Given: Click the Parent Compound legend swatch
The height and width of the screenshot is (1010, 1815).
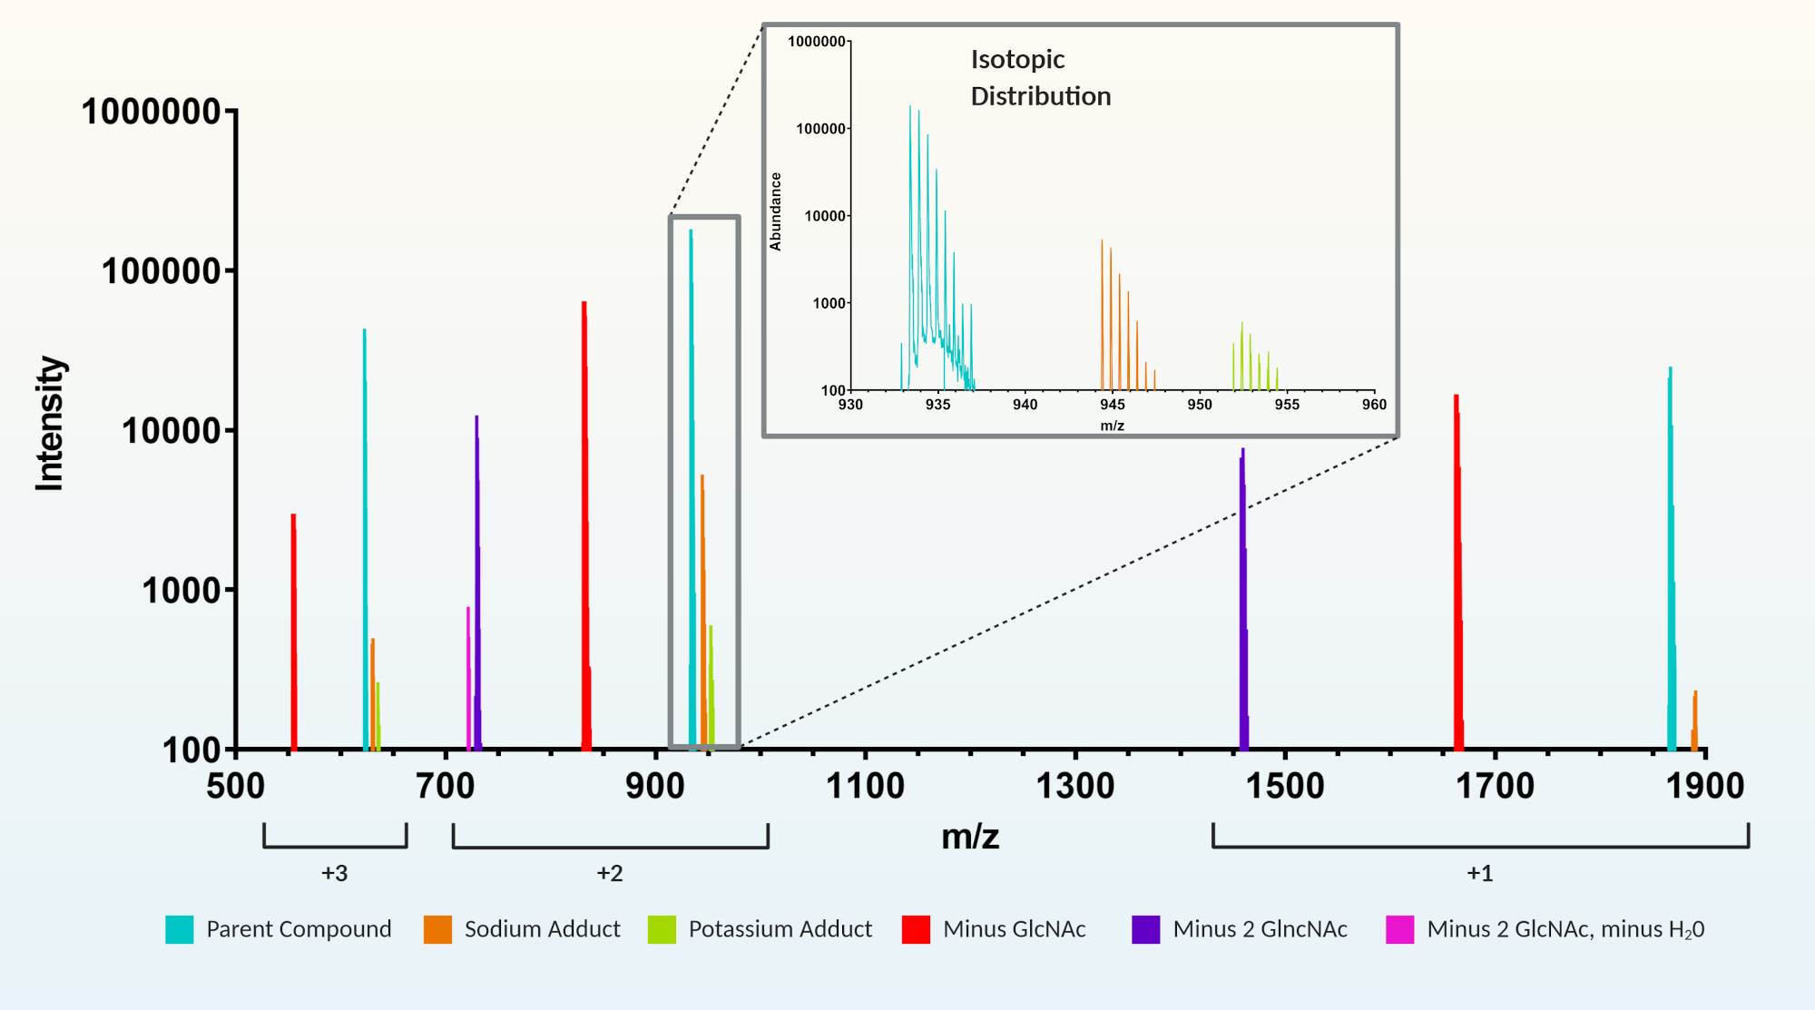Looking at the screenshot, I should pos(180,929).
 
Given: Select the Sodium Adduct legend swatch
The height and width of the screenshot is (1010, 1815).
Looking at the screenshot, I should pos(437,929).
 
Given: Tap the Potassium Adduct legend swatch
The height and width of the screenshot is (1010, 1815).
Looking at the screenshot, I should pos(662,929).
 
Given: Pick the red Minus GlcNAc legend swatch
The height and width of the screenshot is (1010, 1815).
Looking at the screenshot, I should pos(916,929).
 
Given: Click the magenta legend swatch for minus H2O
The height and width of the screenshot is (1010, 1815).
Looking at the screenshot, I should pos(1399,929).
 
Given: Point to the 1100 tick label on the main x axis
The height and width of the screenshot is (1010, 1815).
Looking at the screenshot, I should pos(865,786).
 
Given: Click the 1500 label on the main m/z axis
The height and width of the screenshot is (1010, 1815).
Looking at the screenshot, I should pos(1285,786).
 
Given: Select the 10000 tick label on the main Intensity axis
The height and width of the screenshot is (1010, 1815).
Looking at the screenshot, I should pos(172,431).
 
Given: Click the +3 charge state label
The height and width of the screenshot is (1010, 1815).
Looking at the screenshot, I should pos(334,873).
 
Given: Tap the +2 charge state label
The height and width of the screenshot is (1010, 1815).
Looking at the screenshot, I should pos(610,873).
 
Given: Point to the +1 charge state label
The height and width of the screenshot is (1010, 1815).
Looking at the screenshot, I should pos(1479,873).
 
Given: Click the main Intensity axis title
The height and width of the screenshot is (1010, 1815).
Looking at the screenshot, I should pos(50,424).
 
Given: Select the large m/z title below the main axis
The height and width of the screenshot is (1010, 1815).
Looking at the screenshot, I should pos(970,836).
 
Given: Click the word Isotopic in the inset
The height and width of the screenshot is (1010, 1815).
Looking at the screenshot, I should pos(1017,60).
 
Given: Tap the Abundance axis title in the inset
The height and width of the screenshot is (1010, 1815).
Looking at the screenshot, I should pos(776,211).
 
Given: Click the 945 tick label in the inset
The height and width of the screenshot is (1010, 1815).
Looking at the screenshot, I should pos(1112,405).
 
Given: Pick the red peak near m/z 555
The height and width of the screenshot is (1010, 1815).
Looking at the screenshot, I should pos(293,635).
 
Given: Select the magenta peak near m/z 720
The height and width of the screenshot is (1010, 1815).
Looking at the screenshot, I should pos(468,681).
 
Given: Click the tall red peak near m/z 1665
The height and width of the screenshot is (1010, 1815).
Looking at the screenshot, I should pos(1457,572).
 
